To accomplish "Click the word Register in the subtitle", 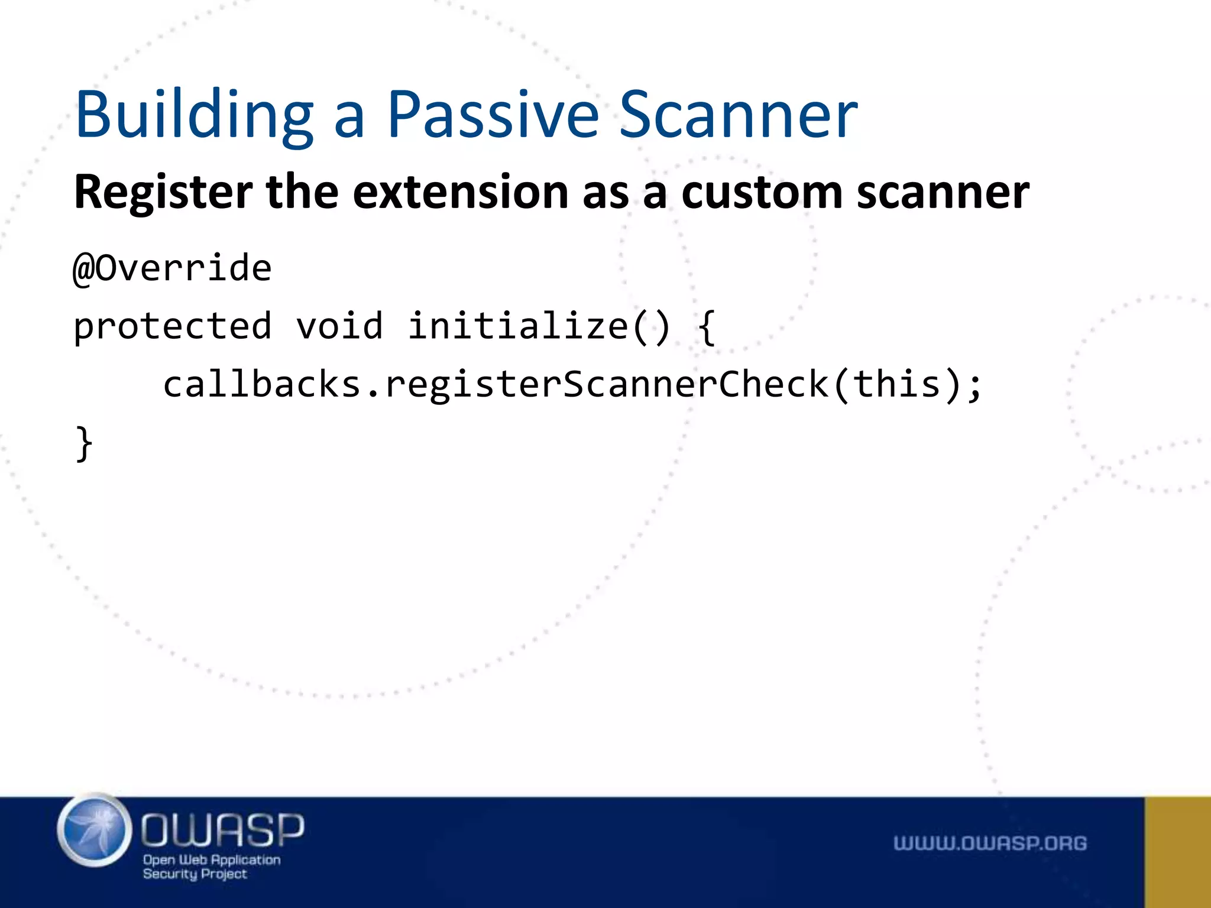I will (163, 193).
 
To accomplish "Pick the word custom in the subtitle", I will (762, 193).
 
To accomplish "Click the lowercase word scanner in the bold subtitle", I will (943, 193).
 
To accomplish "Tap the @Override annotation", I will (172, 268).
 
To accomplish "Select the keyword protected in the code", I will (172, 326).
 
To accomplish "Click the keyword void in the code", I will (339, 326).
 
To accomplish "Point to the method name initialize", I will (518, 326).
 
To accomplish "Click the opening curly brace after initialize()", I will (707, 327).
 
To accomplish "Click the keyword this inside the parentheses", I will (897, 384).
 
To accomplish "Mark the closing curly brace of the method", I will (85, 443).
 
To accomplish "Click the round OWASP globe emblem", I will (95, 830).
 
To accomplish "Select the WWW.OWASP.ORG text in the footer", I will (990, 843).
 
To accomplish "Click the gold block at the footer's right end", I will (1178, 852).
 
